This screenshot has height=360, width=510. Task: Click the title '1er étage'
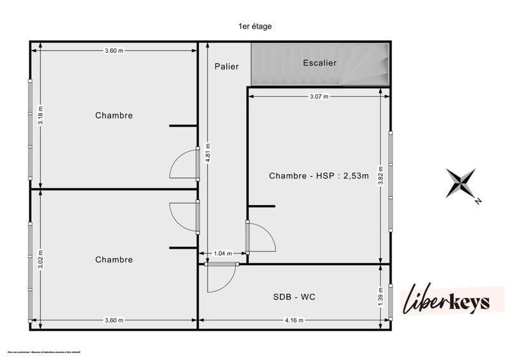[254, 26]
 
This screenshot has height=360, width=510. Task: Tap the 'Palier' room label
[226, 66]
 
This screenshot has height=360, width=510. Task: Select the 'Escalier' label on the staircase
[319, 62]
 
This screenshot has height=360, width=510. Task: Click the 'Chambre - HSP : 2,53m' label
[319, 176]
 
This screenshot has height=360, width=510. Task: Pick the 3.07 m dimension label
[319, 97]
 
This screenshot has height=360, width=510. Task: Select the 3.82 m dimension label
[381, 176]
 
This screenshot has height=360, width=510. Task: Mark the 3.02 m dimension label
[40, 260]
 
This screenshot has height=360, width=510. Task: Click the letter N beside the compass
[477, 201]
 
